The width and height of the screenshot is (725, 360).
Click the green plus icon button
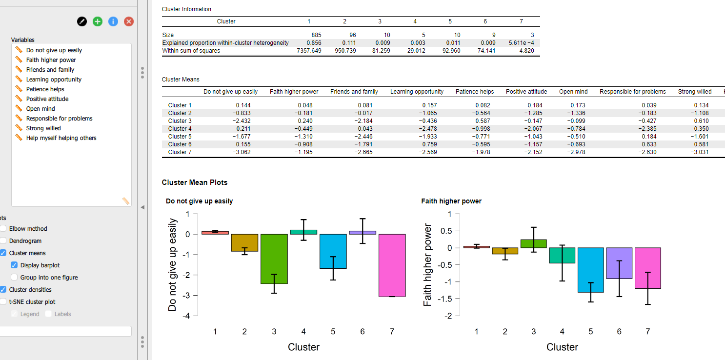coord(98,21)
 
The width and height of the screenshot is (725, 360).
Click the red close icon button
coord(129,21)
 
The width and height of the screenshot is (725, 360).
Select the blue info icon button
coord(113,21)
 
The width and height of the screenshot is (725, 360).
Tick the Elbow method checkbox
coord(3,228)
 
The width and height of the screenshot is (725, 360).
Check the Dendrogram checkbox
coord(3,240)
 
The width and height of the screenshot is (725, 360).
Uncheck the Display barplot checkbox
coord(14,265)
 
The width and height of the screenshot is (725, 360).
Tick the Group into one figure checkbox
coord(14,277)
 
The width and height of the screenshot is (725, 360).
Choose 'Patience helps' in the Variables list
coord(45,89)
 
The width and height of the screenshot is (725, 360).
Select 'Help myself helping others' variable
coord(61,138)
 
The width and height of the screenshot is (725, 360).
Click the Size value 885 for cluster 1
coord(316,35)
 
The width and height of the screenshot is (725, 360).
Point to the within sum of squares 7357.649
coord(309,51)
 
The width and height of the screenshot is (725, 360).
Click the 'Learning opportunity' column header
coord(417,92)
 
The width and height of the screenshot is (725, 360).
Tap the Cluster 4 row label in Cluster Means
coord(180,129)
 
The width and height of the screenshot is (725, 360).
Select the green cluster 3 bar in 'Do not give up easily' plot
coord(274,259)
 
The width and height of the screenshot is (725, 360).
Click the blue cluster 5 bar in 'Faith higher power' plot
coord(591,270)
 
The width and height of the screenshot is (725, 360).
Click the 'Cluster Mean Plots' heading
coord(194,182)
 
